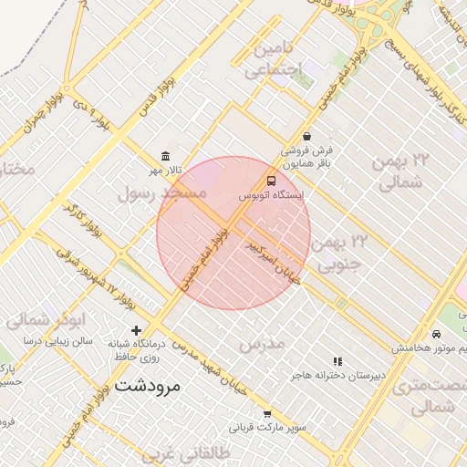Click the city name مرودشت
click(149, 386)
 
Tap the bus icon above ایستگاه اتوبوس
click(271, 181)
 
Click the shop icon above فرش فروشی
click(306, 136)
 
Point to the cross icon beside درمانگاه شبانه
click(136, 330)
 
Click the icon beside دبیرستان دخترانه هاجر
click(338, 361)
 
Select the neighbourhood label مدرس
click(262, 344)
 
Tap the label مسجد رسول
click(161, 193)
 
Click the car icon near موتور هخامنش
click(440, 335)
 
